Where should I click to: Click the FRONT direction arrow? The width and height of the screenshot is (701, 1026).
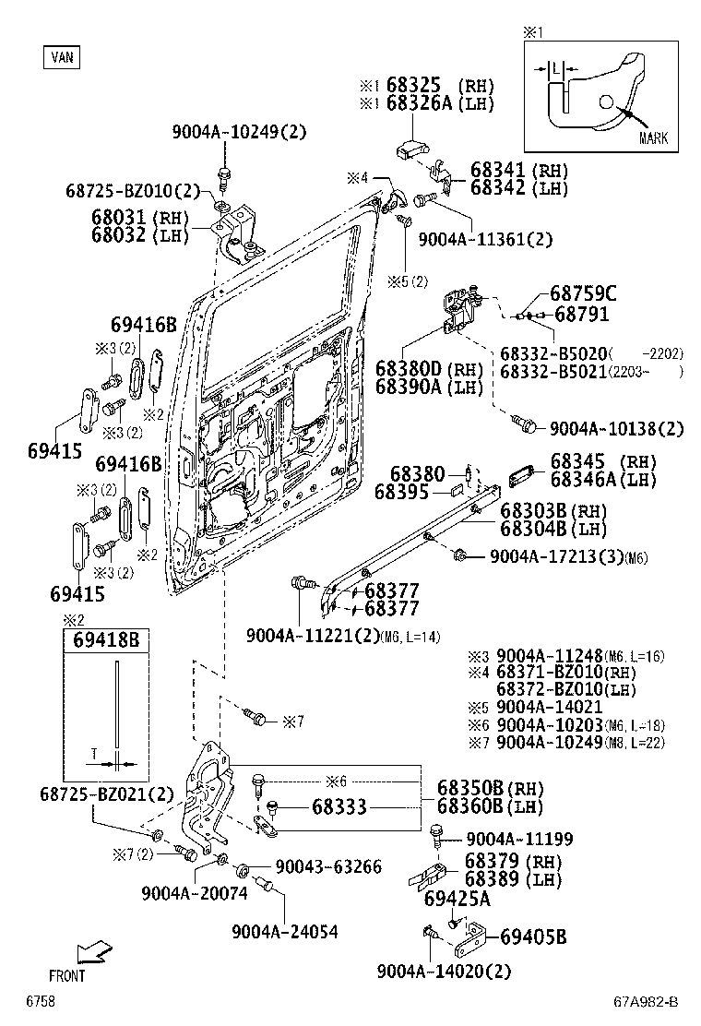91,954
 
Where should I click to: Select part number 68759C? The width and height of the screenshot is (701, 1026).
583,293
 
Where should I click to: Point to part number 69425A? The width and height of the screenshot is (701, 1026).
457,898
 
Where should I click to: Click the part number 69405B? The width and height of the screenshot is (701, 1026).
532,938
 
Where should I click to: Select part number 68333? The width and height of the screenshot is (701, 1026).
339,807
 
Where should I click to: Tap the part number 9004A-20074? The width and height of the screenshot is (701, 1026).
195,893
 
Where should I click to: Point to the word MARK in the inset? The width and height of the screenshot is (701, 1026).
653,138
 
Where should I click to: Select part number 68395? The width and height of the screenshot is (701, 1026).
401,493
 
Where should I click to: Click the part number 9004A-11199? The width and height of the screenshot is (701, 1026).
519,839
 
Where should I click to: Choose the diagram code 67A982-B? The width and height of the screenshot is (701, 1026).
647,1003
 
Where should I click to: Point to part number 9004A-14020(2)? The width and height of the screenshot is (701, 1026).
444,971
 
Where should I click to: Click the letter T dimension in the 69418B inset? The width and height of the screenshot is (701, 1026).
93,753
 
